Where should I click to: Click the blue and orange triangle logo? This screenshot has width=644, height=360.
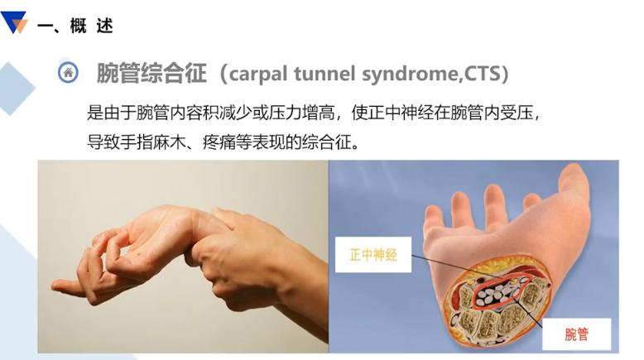[14, 22]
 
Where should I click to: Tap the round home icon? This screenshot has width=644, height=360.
[68, 73]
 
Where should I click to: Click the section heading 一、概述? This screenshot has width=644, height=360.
[75, 26]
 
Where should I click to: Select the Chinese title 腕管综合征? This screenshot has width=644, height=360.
[151, 73]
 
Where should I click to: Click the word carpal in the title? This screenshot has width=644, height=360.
[259, 74]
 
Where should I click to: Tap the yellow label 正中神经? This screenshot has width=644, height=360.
[373, 255]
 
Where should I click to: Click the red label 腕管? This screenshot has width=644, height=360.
[576, 334]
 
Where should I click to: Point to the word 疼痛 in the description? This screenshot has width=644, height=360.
[219, 142]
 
